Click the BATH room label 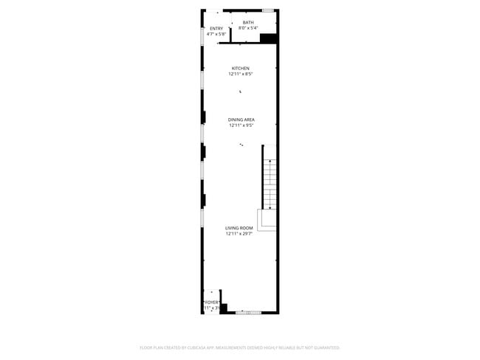click(x=248, y=23)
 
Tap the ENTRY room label click(x=216, y=29)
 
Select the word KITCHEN click(x=241, y=69)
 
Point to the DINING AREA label click(x=241, y=120)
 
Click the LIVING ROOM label click(x=239, y=228)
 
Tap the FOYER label click(x=211, y=302)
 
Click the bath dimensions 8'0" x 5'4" click(x=248, y=28)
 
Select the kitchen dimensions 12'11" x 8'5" click(x=241, y=74)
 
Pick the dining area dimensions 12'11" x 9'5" click(x=241, y=125)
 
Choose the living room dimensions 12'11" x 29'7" click(x=239, y=234)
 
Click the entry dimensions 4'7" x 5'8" click(x=216, y=34)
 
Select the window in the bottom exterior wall click(x=249, y=312)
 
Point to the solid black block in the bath click(x=268, y=39)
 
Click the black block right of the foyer click(x=224, y=308)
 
